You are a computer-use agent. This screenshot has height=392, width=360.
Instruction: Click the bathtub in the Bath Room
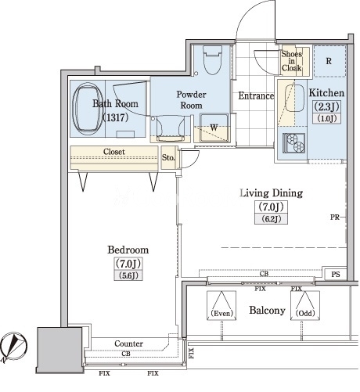click(87, 109)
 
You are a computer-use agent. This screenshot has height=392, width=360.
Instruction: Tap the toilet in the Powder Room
click(212, 60)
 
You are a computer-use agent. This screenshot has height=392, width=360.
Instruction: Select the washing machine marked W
click(214, 128)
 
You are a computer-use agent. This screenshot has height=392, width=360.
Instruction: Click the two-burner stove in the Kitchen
click(294, 143)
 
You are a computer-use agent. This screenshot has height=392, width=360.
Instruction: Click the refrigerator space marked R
click(329, 61)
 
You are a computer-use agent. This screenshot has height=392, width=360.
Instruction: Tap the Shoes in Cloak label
click(291, 61)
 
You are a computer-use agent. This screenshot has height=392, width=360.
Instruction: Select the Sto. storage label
click(168, 157)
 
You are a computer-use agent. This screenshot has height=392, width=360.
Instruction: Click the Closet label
click(114, 152)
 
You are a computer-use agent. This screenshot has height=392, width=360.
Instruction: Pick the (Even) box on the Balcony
click(221, 305)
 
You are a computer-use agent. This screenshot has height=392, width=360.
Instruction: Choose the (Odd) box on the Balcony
click(305, 305)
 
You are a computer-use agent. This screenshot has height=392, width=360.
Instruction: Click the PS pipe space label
click(336, 274)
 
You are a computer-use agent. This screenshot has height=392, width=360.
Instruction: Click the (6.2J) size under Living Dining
click(272, 219)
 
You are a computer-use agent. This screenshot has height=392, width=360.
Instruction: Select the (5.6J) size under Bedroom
click(128, 275)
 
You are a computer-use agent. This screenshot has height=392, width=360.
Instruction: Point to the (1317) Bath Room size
click(116, 117)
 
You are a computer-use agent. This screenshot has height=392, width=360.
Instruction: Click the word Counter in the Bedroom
click(128, 343)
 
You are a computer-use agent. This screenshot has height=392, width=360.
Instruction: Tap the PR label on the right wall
click(335, 217)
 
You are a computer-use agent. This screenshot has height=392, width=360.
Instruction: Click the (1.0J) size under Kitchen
click(326, 119)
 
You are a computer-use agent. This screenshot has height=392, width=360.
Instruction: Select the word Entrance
click(256, 95)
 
